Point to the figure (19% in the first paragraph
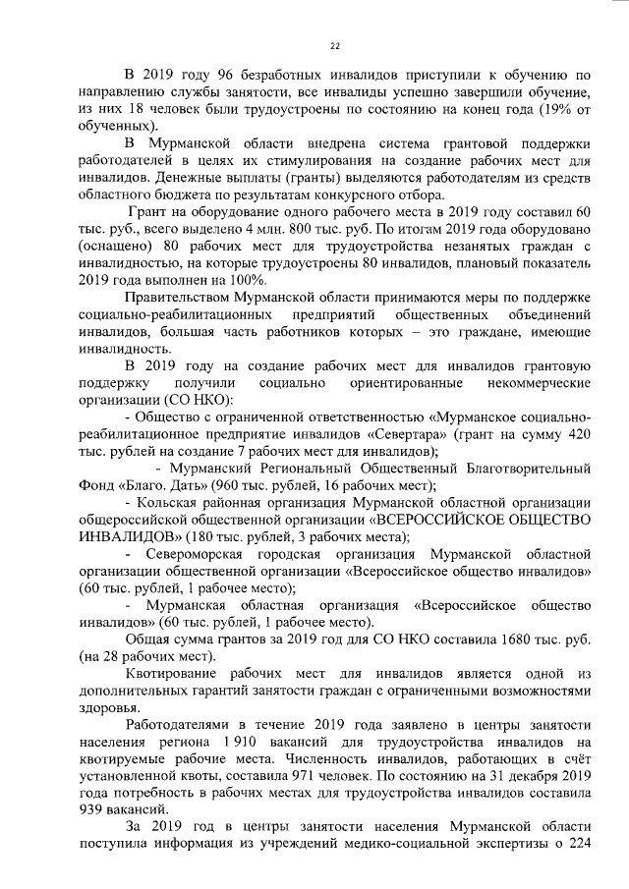[x=533, y=110]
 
